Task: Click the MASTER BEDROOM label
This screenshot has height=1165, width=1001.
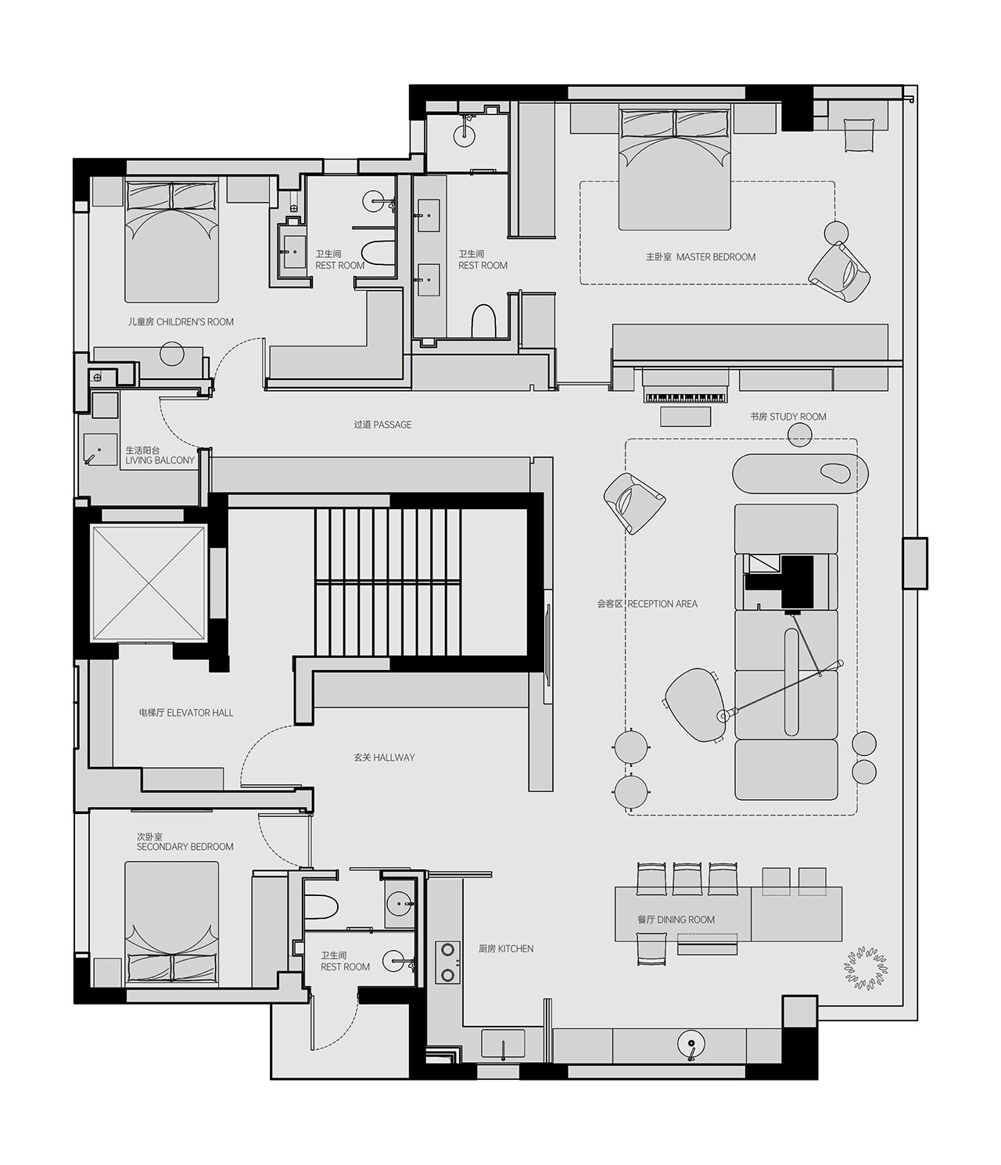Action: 716,257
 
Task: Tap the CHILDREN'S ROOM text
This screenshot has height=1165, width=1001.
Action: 195,322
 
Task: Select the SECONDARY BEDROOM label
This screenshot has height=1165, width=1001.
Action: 185,847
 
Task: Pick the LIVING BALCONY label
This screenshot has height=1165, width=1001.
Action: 160,460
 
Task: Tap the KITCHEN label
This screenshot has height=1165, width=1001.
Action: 515,948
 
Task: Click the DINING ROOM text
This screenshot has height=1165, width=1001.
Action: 685,919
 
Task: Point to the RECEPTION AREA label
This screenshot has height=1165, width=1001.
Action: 662,604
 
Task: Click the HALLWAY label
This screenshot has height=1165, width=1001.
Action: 393,758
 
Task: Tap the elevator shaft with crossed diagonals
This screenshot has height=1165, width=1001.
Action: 149,582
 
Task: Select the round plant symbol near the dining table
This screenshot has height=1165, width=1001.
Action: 865,970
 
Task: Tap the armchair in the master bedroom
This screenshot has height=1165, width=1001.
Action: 839,272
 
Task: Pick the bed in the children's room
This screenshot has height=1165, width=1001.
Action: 171,242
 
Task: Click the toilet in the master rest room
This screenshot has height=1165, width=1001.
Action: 483,321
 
